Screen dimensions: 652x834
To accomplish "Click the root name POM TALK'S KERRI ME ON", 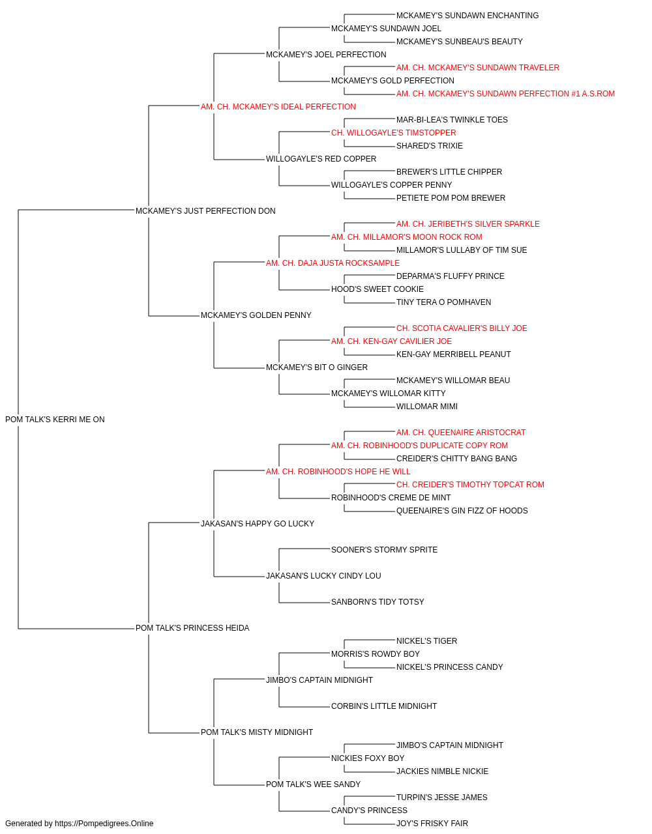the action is (x=55, y=420).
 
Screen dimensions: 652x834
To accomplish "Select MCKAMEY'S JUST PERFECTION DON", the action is (x=205, y=211).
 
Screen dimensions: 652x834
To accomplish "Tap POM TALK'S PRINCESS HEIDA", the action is (x=192, y=628).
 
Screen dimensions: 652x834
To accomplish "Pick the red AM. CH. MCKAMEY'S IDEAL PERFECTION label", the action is (x=278, y=107).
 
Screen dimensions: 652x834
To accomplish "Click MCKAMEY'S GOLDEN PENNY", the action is (x=256, y=315).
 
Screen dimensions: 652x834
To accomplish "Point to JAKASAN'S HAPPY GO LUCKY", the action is (x=258, y=523).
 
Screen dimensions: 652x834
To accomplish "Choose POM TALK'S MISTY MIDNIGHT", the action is (x=256, y=732).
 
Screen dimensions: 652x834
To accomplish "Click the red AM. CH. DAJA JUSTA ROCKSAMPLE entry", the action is (x=333, y=263).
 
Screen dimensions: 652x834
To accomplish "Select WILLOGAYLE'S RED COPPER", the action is (x=321, y=159).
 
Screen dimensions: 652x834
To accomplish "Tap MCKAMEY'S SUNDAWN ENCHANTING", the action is (x=467, y=16).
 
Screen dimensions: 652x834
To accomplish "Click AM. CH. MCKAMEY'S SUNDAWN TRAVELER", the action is (x=478, y=68).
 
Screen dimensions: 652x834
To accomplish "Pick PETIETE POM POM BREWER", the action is (x=451, y=198).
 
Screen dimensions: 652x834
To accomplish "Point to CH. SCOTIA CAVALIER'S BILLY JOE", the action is (x=462, y=328).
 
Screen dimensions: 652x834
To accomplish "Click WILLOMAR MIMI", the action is (x=427, y=407).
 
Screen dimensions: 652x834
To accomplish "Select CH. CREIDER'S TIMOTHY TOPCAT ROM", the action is (x=470, y=484).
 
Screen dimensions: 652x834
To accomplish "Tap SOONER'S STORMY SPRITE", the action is (x=385, y=550).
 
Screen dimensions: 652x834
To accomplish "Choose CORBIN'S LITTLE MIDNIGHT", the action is (x=384, y=706).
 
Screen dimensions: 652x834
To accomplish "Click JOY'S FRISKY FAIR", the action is (x=432, y=824).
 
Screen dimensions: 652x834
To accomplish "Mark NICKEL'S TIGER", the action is (x=426, y=641).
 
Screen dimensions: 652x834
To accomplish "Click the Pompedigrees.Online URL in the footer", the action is (x=104, y=824).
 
